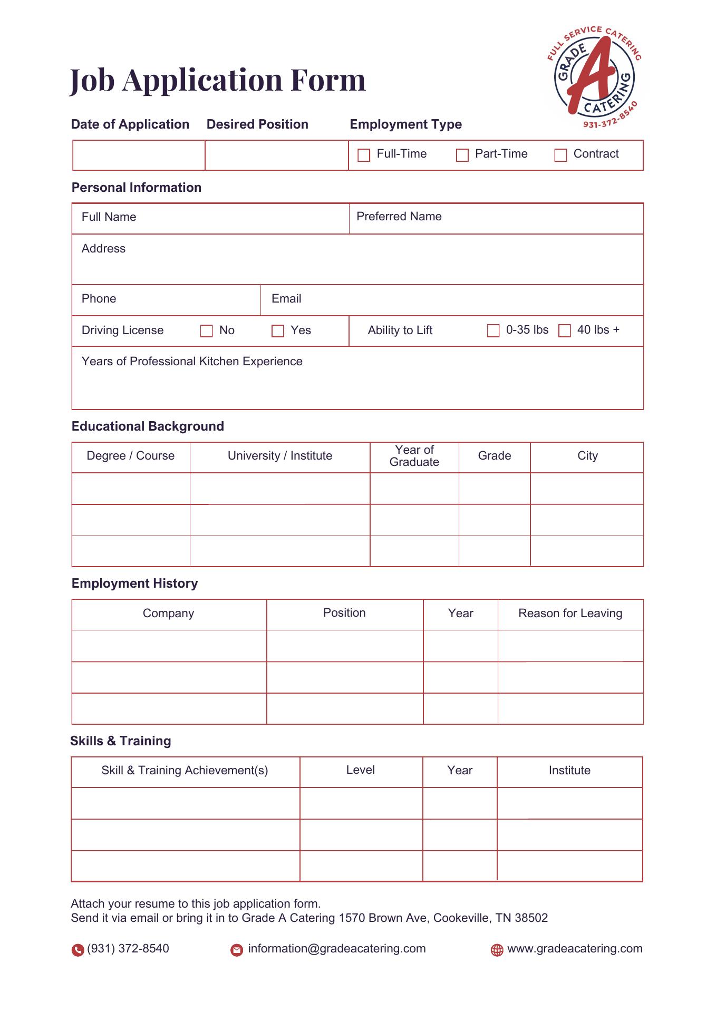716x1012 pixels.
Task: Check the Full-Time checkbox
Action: tap(364, 155)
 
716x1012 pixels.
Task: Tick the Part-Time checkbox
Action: tap(462, 155)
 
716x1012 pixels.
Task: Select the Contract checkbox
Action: tap(560, 155)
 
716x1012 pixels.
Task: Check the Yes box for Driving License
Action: tap(278, 331)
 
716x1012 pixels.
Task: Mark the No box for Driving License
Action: tap(207, 331)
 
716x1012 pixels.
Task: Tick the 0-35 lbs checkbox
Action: tap(493, 330)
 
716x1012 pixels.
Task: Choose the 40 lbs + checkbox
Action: tap(565, 330)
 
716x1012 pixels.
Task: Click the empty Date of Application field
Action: tap(139, 155)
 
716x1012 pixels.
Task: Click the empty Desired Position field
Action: tap(277, 155)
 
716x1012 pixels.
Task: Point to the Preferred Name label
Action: tap(399, 217)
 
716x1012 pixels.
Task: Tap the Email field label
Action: tap(286, 299)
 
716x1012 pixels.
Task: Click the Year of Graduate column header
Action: tap(414, 456)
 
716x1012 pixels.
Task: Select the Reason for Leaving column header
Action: tap(570, 614)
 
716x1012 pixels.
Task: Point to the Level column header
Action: tap(361, 770)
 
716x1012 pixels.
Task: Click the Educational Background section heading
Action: tap(148, 426)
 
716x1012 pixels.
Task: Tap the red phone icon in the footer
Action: tap(78, 950)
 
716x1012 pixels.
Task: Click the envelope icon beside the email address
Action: tap(237, 950)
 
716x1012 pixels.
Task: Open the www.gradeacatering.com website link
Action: tap(574, 949)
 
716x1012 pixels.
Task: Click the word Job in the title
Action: tap(92, 81)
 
